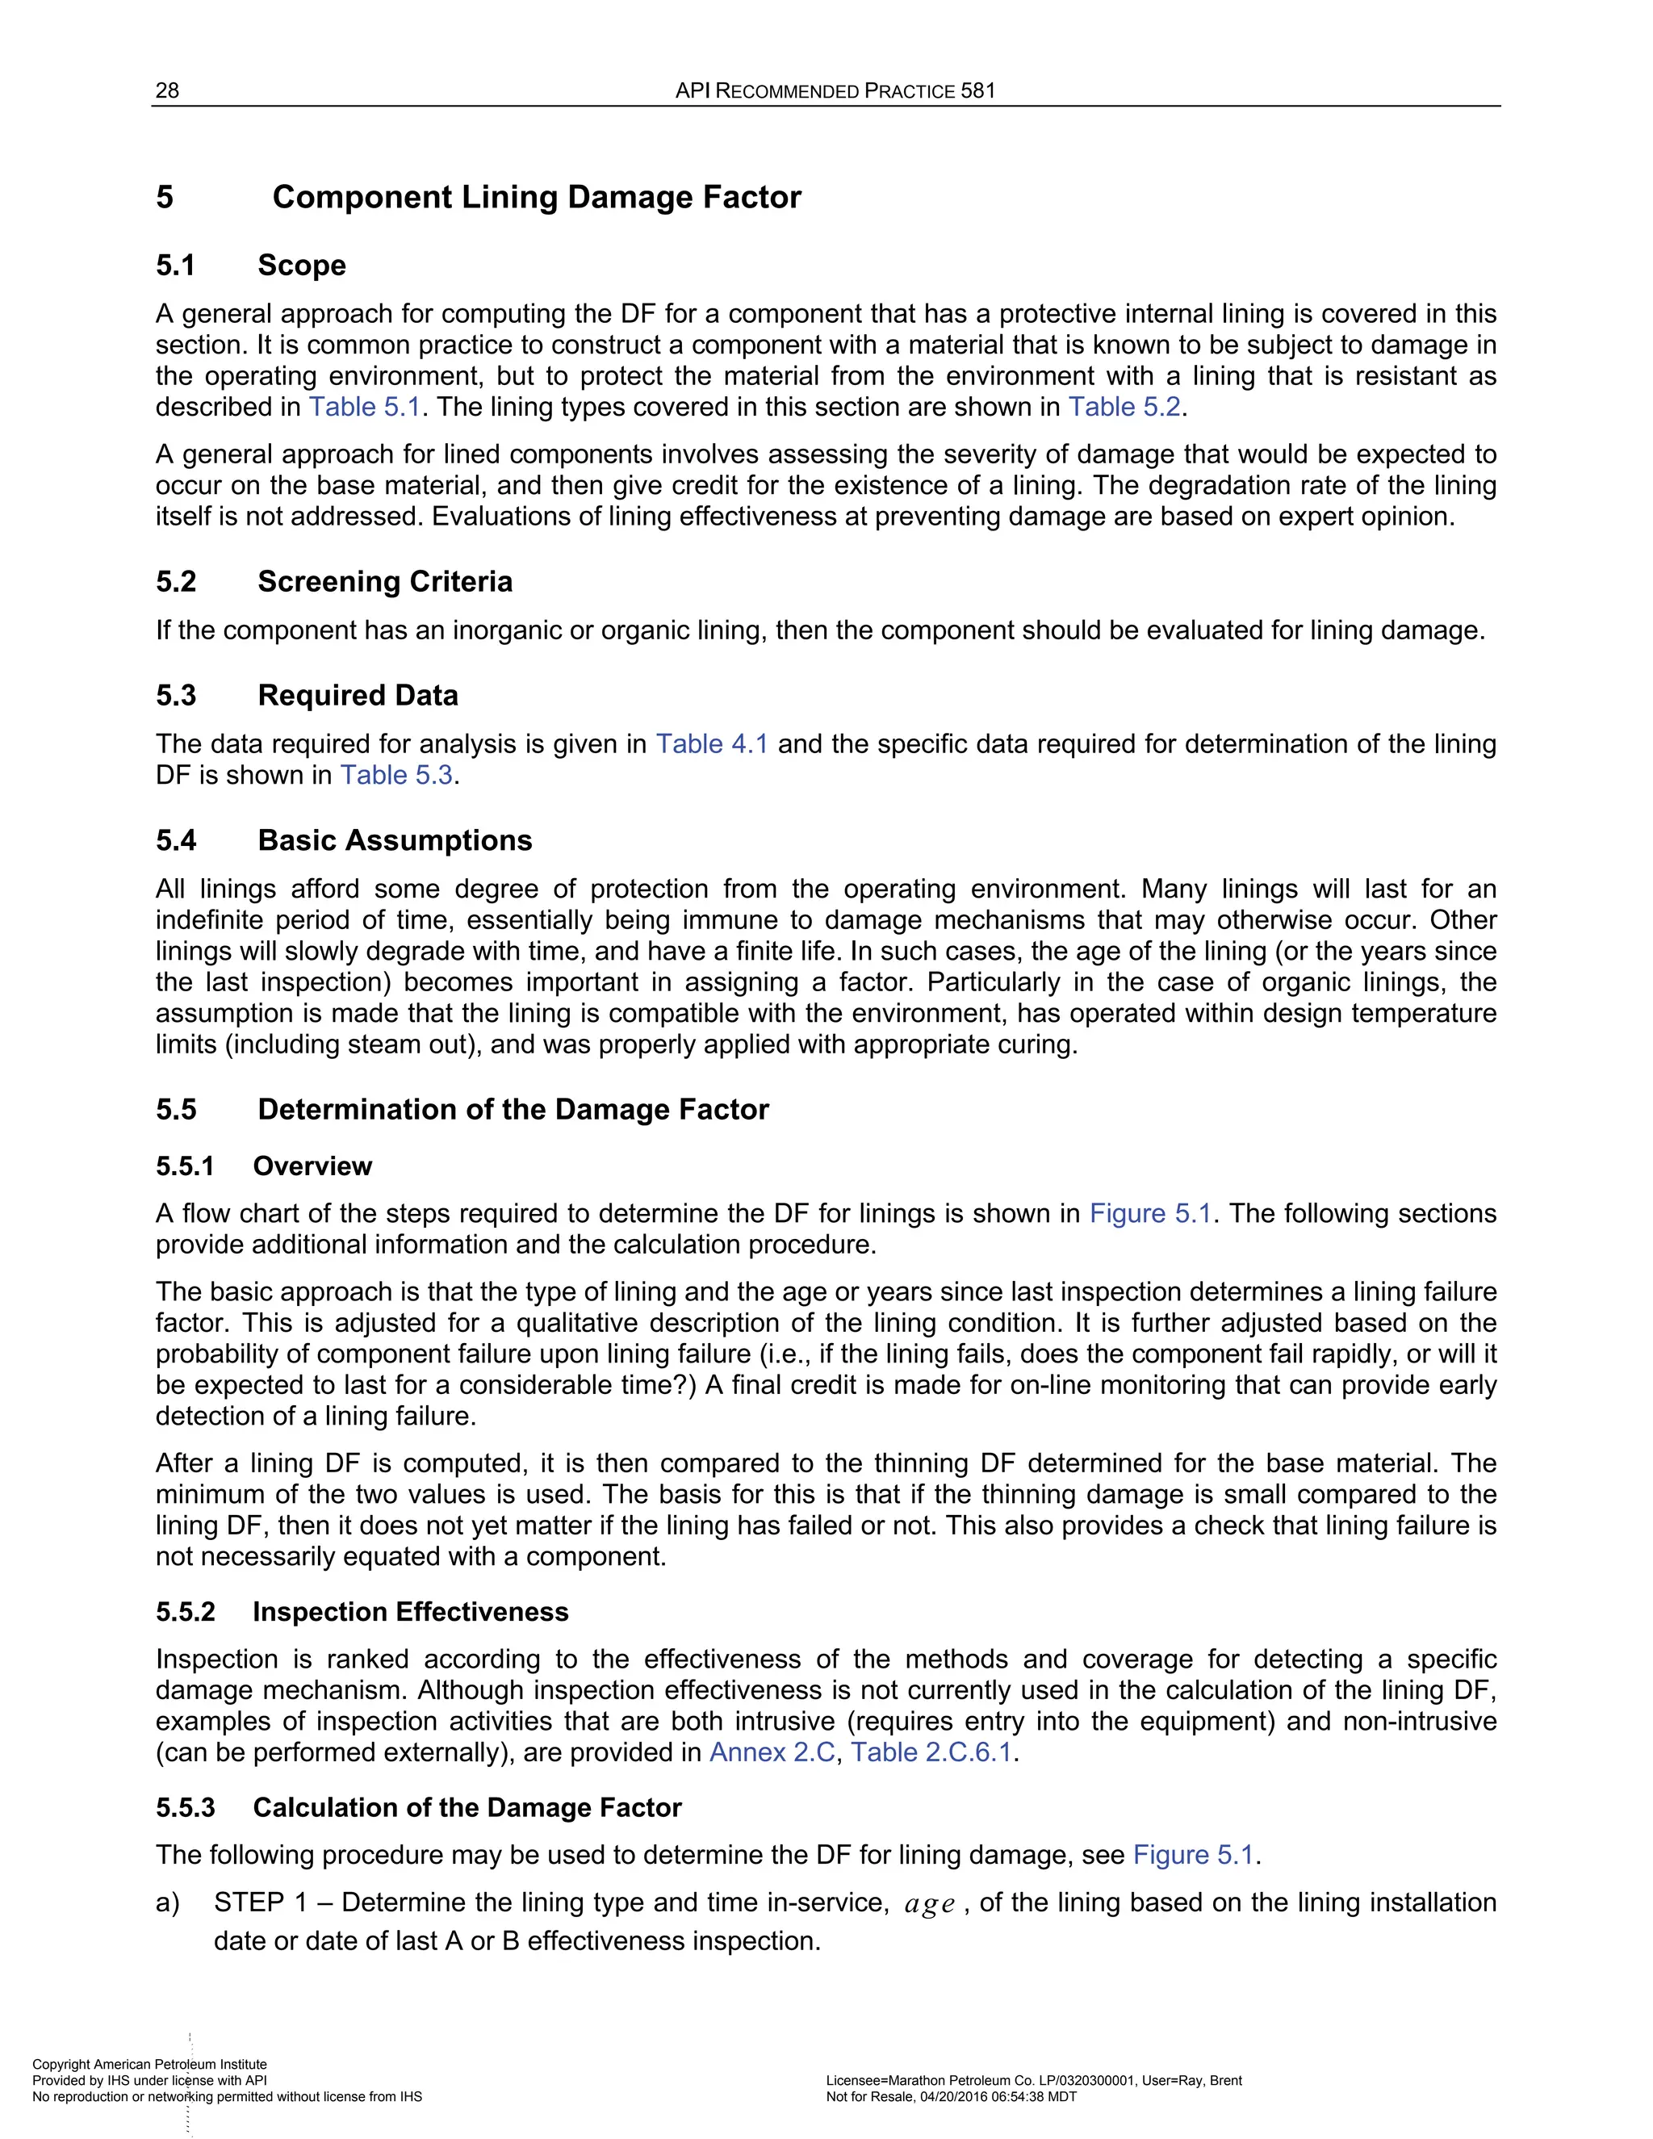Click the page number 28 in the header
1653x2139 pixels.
point(167,91)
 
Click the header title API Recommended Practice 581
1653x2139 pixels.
point(835,91)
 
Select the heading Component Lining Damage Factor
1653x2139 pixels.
point(536,197)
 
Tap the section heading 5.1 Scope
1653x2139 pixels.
point(251,266)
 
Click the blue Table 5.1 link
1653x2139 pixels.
point(364,408)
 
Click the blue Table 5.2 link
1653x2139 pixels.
point(1124,408)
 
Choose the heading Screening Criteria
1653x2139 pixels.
point(384,582)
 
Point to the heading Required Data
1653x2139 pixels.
point(358,695)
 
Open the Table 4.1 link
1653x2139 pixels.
point(712,744)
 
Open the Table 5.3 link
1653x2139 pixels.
point(396,776)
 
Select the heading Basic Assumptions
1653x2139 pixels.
point(394,840)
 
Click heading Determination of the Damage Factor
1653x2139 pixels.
point(513,1110)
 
